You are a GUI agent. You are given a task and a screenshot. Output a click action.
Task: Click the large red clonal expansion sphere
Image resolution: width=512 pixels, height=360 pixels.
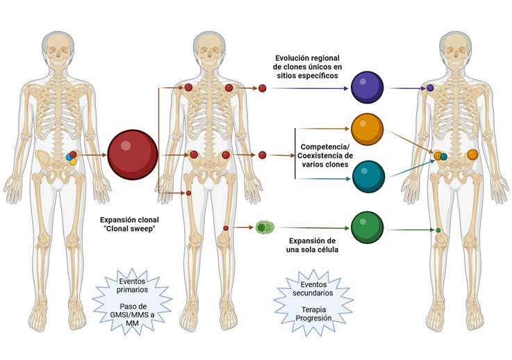pos(132,154)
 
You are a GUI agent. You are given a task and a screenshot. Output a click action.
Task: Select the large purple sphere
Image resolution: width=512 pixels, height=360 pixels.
pos(368,88)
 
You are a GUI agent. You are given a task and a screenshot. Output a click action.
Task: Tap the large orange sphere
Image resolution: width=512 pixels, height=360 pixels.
pos(368,129)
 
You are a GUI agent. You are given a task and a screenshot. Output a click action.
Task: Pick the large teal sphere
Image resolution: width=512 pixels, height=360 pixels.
pos(368,177)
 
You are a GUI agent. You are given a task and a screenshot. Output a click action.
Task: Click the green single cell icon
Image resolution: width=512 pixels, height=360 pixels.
pos(264,227)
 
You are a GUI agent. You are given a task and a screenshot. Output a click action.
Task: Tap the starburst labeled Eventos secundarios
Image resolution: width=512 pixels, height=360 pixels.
pos(312,296)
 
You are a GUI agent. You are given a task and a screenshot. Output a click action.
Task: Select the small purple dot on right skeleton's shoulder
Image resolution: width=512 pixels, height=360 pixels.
pos(431,88)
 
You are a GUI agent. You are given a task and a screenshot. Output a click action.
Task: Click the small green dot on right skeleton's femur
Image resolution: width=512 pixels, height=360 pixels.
pos(438,229)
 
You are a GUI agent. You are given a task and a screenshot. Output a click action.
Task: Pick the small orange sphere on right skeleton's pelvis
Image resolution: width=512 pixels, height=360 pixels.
pos(472,154)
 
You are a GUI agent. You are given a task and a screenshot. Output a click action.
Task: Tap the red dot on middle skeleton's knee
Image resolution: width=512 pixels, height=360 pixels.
pos(226,228)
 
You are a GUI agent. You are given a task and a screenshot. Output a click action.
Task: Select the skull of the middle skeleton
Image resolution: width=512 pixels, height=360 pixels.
pos(210,47)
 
